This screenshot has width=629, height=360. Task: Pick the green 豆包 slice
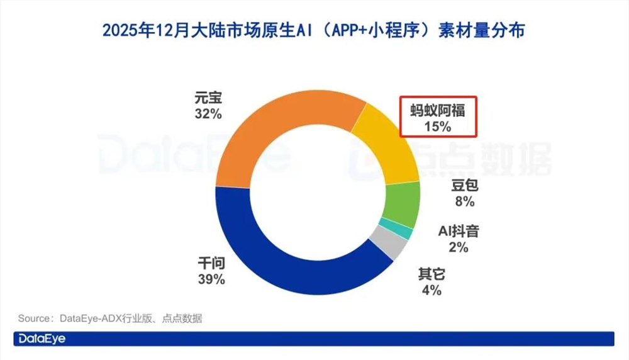point(402,205)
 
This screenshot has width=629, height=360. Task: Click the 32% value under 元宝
point(208,115)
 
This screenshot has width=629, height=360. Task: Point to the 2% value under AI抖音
point(459,247)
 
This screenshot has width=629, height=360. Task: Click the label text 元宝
point(208,99)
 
